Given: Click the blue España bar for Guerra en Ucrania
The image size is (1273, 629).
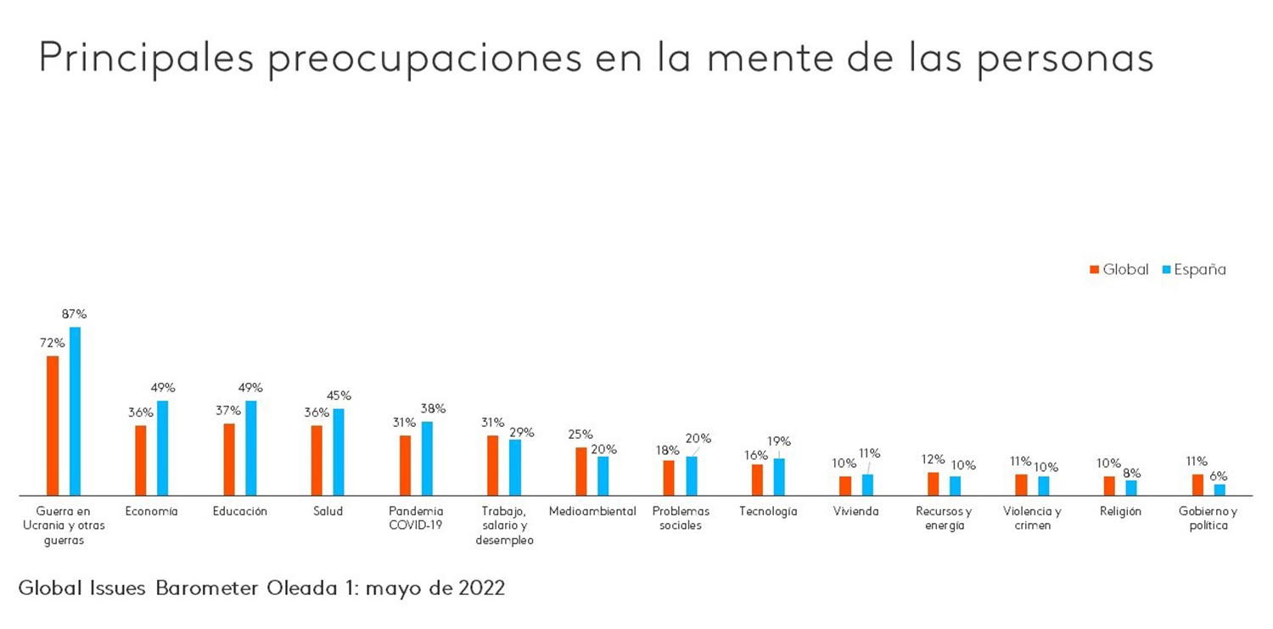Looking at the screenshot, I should pos(75,411).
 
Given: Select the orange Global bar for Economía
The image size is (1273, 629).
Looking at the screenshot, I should pos(141,460).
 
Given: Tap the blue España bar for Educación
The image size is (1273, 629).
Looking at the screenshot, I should pos(251,447).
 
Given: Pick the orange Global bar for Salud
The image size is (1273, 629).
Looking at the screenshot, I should pos(317,460).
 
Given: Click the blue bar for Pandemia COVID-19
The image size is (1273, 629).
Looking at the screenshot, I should pos(427,458).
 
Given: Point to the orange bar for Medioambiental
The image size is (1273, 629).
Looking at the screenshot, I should pos(581,471).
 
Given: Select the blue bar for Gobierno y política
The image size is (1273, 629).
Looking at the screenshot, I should pos(1220,490).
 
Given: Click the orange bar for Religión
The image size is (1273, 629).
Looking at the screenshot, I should pos(1109,486).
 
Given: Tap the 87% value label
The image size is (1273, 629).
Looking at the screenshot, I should pos(74,314).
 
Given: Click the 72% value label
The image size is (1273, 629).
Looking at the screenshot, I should pos(52,343).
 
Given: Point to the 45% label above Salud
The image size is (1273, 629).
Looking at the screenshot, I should pos(339,396).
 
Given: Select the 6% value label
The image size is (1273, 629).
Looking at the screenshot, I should pos(1219,476).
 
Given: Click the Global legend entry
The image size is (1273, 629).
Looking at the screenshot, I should pos(1119,270).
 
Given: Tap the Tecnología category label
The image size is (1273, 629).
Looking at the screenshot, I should pos(768,511).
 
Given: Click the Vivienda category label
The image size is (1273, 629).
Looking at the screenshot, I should pos(855,511).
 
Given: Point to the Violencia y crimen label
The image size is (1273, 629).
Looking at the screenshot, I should pos(1032,518).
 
